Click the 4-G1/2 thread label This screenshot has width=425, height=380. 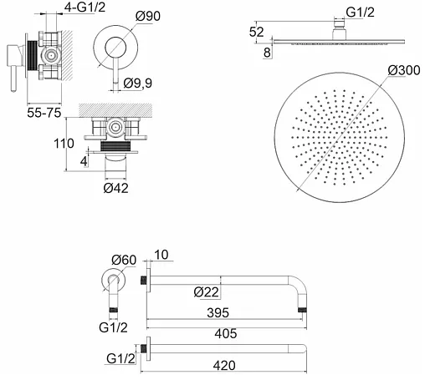[x=85, y=8]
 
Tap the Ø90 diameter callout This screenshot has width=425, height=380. [x=148, y=16]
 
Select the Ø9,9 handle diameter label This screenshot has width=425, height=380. [x=138, y=83]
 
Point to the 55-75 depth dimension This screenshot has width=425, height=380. [x=44, y=113]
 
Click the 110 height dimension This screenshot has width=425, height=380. [x=64, y=144]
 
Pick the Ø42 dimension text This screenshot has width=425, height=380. [x=116, y=188]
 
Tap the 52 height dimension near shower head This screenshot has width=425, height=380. [x=256, y=32]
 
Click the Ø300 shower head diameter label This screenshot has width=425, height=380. [x=404, y=70]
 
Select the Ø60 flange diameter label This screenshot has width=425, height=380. [x=124, y=260]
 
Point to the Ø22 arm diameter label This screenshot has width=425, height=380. [x=207, y=292]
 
